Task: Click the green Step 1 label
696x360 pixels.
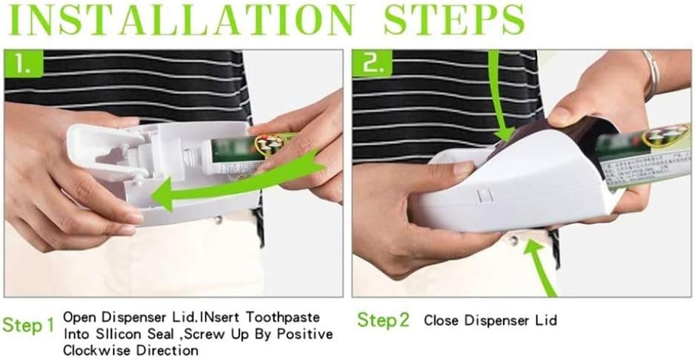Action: coord(28,325)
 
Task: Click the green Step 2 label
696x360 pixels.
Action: coord(383,321)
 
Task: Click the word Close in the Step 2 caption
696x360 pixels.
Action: coord(440,321)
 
